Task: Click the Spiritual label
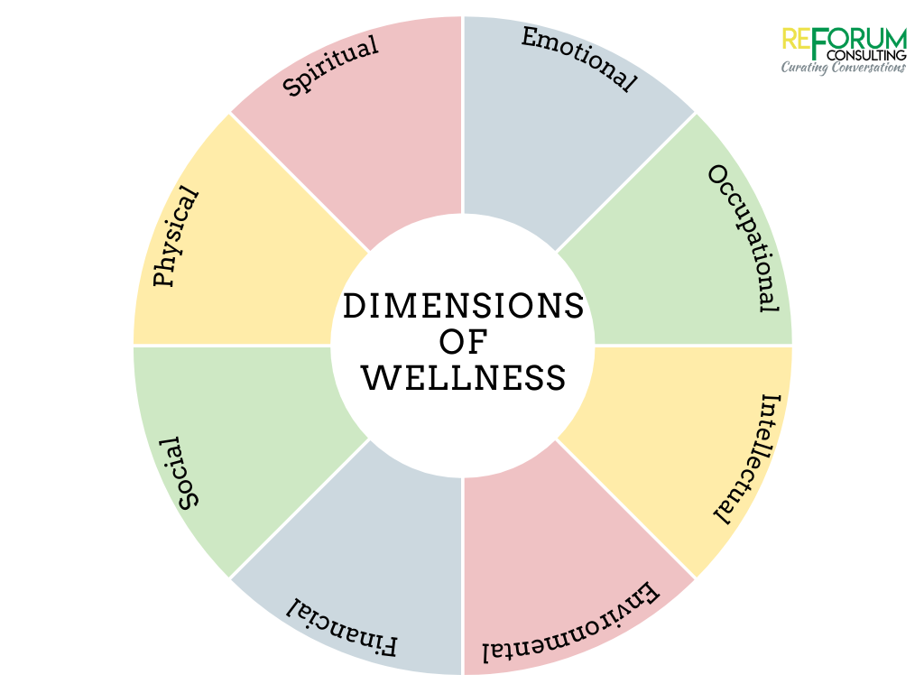click(x=330, y=66)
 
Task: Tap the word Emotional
click(x=579, y=59)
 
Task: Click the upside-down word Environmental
click(x=570, y=628)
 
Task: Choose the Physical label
click(x=177, y=236)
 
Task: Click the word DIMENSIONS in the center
click(x=463, y=307)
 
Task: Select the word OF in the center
click(x=463, y=342)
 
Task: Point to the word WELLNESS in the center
click(x=463, y=377)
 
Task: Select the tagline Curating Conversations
click(x=843, y=68)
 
